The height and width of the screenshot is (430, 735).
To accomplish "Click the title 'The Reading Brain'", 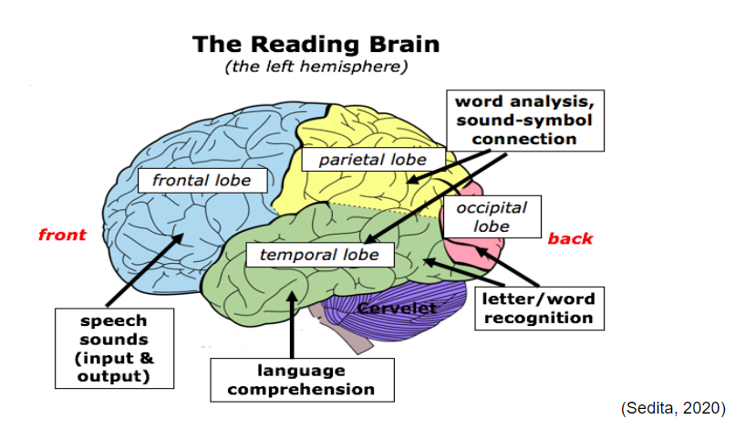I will (x=316, y=44).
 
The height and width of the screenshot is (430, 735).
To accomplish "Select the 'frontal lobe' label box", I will (x=202, y=180).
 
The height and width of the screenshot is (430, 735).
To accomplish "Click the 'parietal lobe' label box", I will (x=372, y=160).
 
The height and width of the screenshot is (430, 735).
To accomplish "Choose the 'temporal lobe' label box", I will (x=318, y=255).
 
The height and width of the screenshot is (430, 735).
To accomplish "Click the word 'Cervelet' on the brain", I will (x=398, y=309).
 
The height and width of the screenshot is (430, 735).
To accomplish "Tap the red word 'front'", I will (x=62, y=235).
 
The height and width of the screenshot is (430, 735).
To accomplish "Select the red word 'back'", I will (x=570, y=239).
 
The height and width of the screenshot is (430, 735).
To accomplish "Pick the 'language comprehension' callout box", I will (x=301, y=380).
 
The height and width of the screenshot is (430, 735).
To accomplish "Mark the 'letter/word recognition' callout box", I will (x=537, y=309).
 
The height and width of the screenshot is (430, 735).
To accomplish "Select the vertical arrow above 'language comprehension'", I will (x=292, y=324).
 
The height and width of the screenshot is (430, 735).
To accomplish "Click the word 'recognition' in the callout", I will (x=537, y=318).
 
